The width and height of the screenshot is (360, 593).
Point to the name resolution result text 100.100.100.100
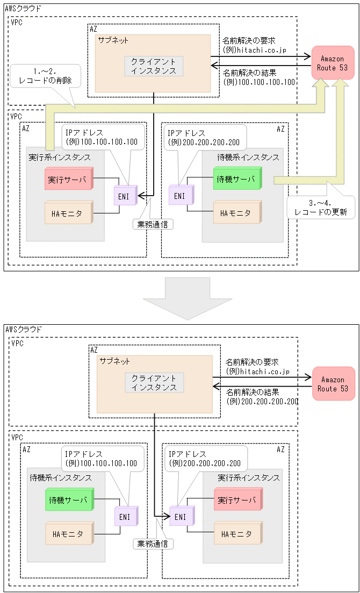[x=259, y=82]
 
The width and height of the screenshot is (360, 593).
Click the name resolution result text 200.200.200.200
[x=262, y=402]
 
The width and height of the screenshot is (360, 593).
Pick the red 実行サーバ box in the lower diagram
[x=237, y=501]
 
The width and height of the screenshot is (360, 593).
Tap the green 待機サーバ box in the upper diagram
[x=236, y=178]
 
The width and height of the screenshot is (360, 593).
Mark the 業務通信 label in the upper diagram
[x=153, y=224]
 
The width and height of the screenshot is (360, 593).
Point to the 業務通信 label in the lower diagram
[x=153, y=544]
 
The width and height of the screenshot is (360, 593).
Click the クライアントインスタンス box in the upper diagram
[x=154, y=66]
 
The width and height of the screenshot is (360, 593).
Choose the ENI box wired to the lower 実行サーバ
[x=181, y=517]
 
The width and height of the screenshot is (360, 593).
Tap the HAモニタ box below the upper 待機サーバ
[x=236, y=213]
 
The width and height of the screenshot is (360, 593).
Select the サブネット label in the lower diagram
[x=113, y=361]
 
